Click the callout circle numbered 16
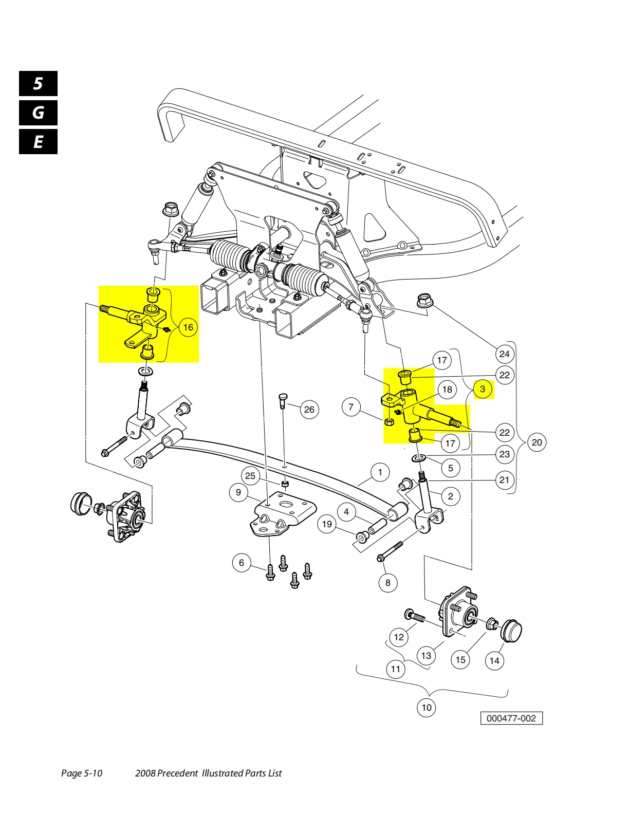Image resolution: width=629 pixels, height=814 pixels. pyautogui.click(x=188, y=327)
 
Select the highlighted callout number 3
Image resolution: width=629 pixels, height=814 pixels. pyautogui.click(x=483, y=389)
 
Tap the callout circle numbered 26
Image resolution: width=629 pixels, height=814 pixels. pyautogui.click(x=309, y=409)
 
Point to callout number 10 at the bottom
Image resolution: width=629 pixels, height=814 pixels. pyautogui.click(x=427, y=707)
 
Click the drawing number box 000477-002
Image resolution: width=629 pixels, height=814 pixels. pyautogui.click(x=511, y=718)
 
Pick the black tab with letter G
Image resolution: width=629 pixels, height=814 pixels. pyautogui.click(x=38, y=113)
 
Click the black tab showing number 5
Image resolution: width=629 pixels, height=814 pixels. pyautogui.click(x=38, y=83)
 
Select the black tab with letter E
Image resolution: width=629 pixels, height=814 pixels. pyautogui.click(x=38, y=142)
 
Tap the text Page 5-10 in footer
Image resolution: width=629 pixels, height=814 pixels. pyautogui.click(x=82, y=773)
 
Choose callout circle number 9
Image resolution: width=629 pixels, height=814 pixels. pyautogui.click(x=238, y=492)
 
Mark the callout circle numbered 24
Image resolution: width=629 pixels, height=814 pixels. pyautogui.click(x=504, y=354)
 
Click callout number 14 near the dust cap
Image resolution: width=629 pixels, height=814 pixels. pyautogui.click(x=494, y=660)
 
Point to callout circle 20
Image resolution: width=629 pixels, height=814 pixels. pyautogui.click(x=537, y=442)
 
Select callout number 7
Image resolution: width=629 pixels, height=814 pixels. pyautogui.click(x=351, y=406)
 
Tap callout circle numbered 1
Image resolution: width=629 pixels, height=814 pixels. pyautogui.click(x=380, y=472)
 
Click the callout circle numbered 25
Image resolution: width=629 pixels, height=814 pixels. pyautogui.click(x=250, y=476)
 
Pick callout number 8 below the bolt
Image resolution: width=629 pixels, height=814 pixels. pyautogui.click(x=388, y=583)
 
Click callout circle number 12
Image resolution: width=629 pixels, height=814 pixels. pyautogui.click(x=399, y=637)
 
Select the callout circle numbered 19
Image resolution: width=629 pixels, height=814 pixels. pyautogui.click(x=327, y=524)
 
